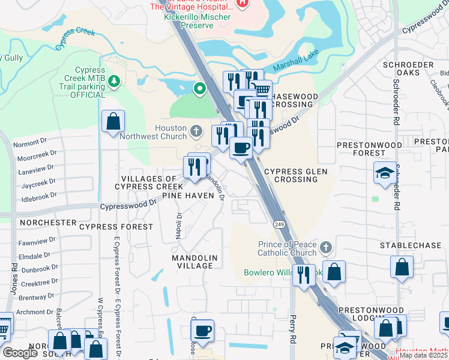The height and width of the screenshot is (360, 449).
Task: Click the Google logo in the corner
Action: [20, 353]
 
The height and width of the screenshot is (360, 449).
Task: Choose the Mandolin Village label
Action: [193, 261]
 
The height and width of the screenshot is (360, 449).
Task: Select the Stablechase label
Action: [406, 245]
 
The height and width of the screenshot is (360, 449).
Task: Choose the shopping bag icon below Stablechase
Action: [402, 266]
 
